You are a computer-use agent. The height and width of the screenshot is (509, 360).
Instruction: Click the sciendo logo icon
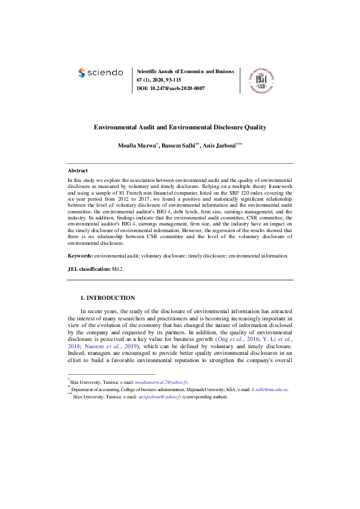point(83,73)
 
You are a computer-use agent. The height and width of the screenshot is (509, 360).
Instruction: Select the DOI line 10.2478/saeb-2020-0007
point(171,88)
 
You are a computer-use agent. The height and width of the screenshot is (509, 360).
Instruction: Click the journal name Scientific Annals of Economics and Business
point(186,71)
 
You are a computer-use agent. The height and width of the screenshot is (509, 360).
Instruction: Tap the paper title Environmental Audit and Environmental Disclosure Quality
point(180,128)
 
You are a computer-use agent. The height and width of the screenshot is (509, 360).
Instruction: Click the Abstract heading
point(77,171)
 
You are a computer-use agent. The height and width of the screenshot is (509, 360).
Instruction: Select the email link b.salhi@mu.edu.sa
point(270,390)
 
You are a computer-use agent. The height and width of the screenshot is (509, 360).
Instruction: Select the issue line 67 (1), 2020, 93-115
point(162,80)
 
